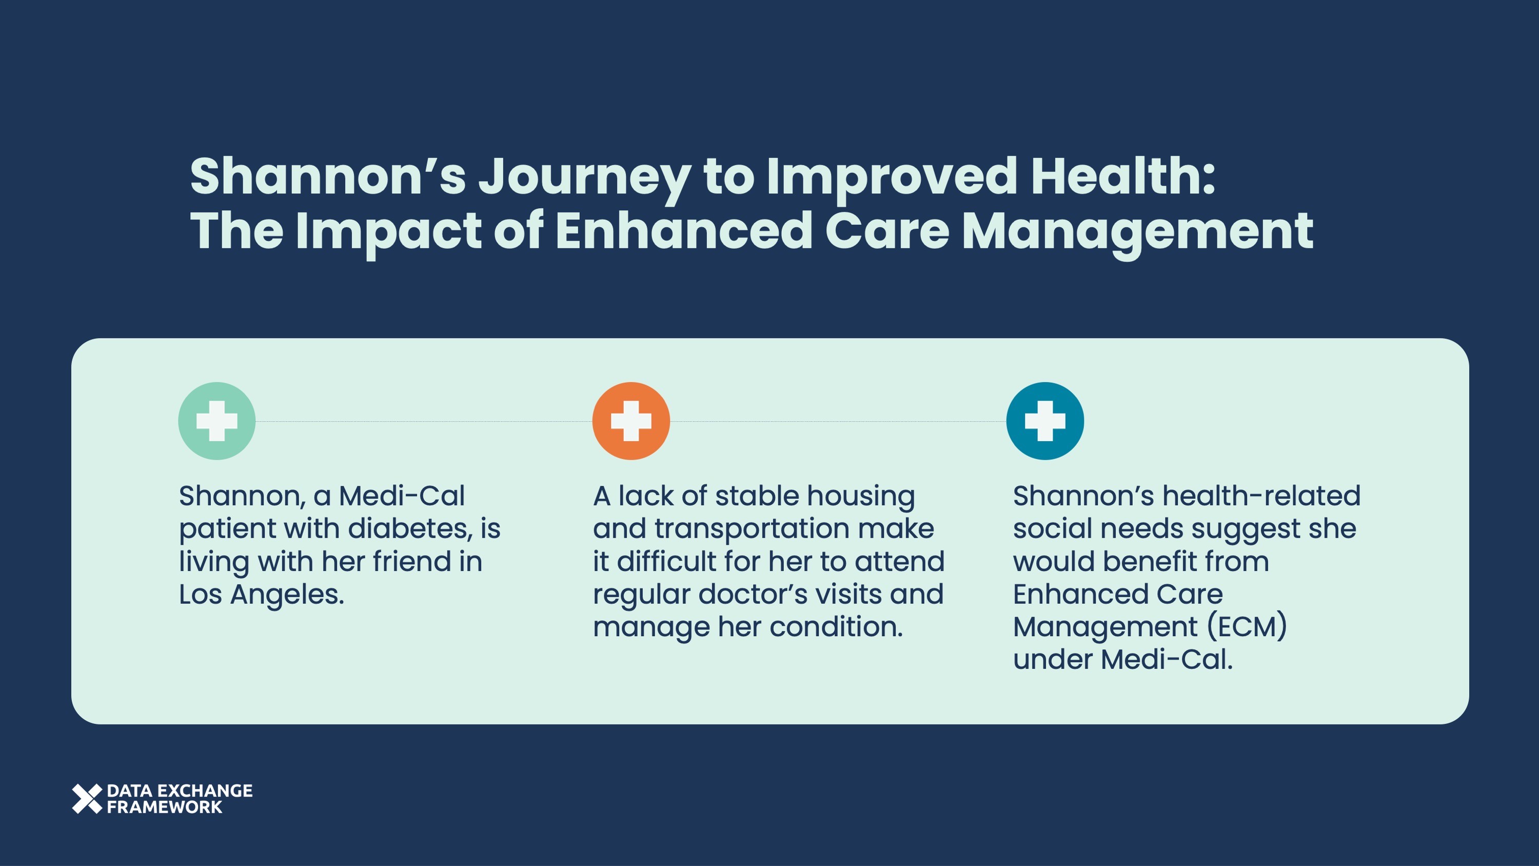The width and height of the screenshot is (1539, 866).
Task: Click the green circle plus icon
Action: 217,421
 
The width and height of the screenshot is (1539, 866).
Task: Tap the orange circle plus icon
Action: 631,421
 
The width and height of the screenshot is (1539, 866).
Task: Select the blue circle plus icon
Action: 1045,421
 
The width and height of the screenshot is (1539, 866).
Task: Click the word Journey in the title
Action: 584,178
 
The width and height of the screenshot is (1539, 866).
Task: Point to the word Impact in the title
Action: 388,232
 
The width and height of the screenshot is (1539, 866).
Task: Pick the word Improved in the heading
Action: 892,178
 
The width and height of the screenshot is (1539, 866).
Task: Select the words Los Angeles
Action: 262,594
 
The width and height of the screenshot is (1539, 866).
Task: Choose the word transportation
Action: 752,528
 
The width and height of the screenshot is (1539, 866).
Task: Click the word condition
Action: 836,627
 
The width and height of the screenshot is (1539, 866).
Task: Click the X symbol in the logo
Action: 87,798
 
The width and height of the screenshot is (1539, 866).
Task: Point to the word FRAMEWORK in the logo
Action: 164,807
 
